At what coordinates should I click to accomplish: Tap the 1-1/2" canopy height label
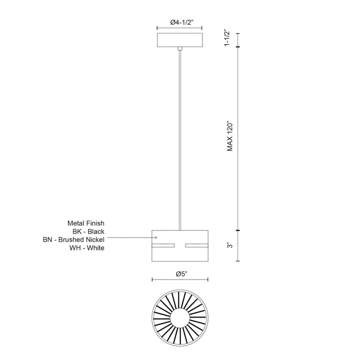227,37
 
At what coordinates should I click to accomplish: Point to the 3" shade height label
230,245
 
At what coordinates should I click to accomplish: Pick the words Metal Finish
86,223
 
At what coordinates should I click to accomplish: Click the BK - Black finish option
88,231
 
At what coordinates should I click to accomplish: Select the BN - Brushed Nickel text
73,239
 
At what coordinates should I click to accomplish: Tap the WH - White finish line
87,248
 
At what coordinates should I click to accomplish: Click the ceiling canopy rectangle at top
180,40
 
